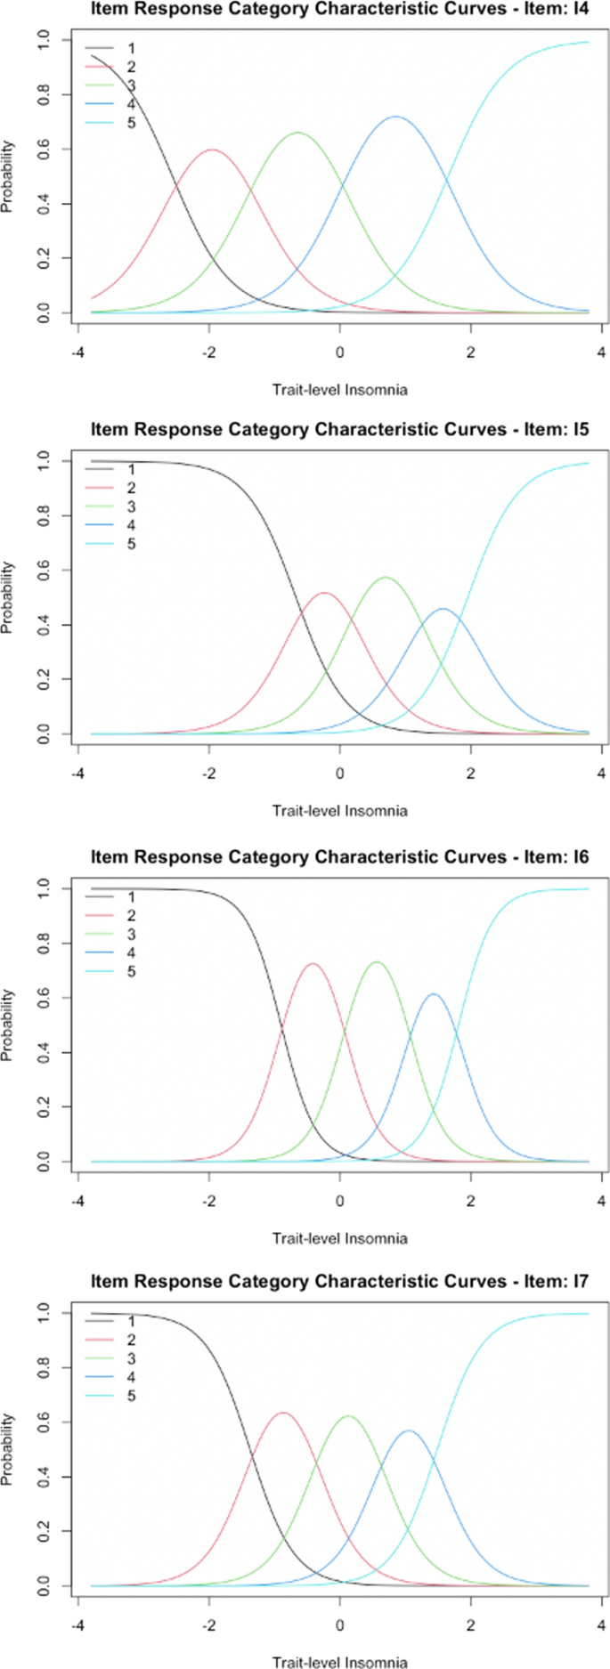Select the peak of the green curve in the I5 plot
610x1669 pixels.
386,578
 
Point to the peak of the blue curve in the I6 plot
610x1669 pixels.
434,994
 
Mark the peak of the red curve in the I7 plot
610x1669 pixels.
282,1413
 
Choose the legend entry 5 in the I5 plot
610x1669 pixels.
131,544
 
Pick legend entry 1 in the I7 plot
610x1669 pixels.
131,1322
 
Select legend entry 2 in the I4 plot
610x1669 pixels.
131,67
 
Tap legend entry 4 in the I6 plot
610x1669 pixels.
131,953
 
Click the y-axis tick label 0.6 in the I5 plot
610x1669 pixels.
43,571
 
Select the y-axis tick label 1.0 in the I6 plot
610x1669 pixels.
43,888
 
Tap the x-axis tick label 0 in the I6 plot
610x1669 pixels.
339,1201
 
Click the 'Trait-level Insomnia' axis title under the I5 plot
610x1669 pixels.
339,811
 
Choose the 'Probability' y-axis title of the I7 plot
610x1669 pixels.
8,1449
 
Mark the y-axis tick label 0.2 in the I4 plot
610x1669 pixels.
43,259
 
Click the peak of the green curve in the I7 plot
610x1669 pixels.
346,1416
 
